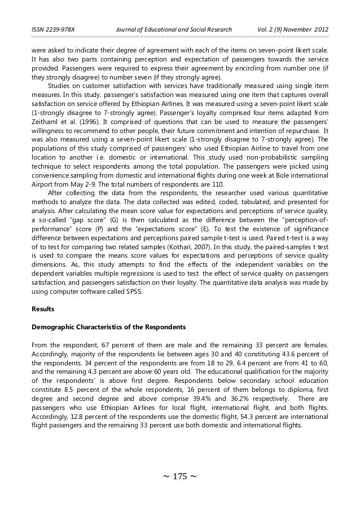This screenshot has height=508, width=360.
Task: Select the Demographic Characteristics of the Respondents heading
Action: tap(113, 326)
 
